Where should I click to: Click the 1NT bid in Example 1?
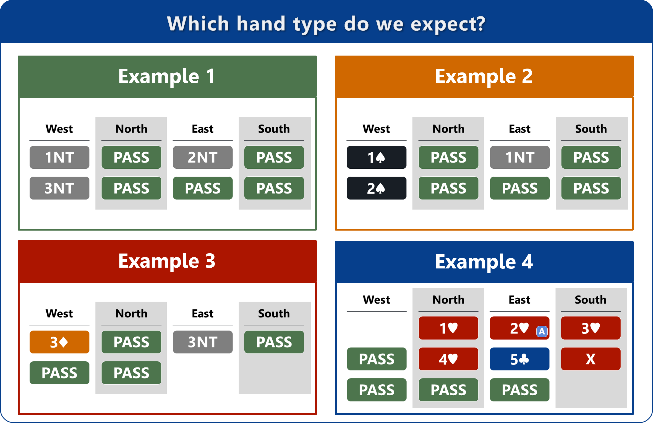[x=59, y=157]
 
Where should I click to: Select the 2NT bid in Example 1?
[x=203, y=157]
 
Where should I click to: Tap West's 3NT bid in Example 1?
[x=59, y=188]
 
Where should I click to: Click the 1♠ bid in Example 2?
[x=377, y=157]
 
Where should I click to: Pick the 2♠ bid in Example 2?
[x=377, y=188]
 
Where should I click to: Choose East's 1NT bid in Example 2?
[x=520, y=157]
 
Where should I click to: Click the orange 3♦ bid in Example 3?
[x=59, y=342]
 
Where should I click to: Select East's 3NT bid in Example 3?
[x=203, y=342]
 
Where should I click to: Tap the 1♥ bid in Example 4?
[x=448, y=328]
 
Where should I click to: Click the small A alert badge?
[x=542, y=331]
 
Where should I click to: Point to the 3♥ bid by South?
[x=591, y=328]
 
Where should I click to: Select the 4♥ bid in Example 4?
[x=448, y=359]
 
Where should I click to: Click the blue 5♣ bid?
[x=520, y=359]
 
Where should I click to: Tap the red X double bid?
[x=591, y=359]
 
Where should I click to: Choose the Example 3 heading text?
[x=167, y=261]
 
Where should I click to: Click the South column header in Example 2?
[x=591, y=129]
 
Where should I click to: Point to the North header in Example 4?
[x=448, y=300]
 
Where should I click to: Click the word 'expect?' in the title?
[x=448, y=24]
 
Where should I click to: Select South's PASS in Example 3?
[x=274, y=342]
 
